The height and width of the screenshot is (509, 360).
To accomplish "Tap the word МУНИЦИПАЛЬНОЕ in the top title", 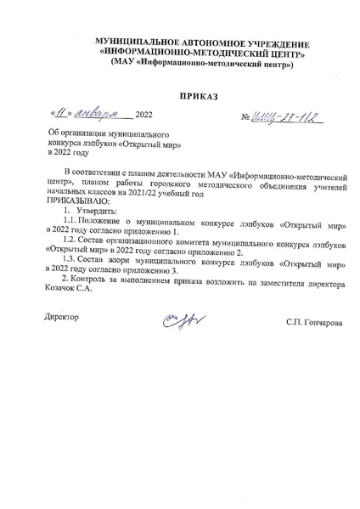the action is (138, 42).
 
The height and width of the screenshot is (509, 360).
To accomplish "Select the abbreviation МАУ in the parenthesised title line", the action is (120, 65).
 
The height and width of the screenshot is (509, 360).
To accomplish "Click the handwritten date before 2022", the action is (90, 114).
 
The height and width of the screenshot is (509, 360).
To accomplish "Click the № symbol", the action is (246, 116).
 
